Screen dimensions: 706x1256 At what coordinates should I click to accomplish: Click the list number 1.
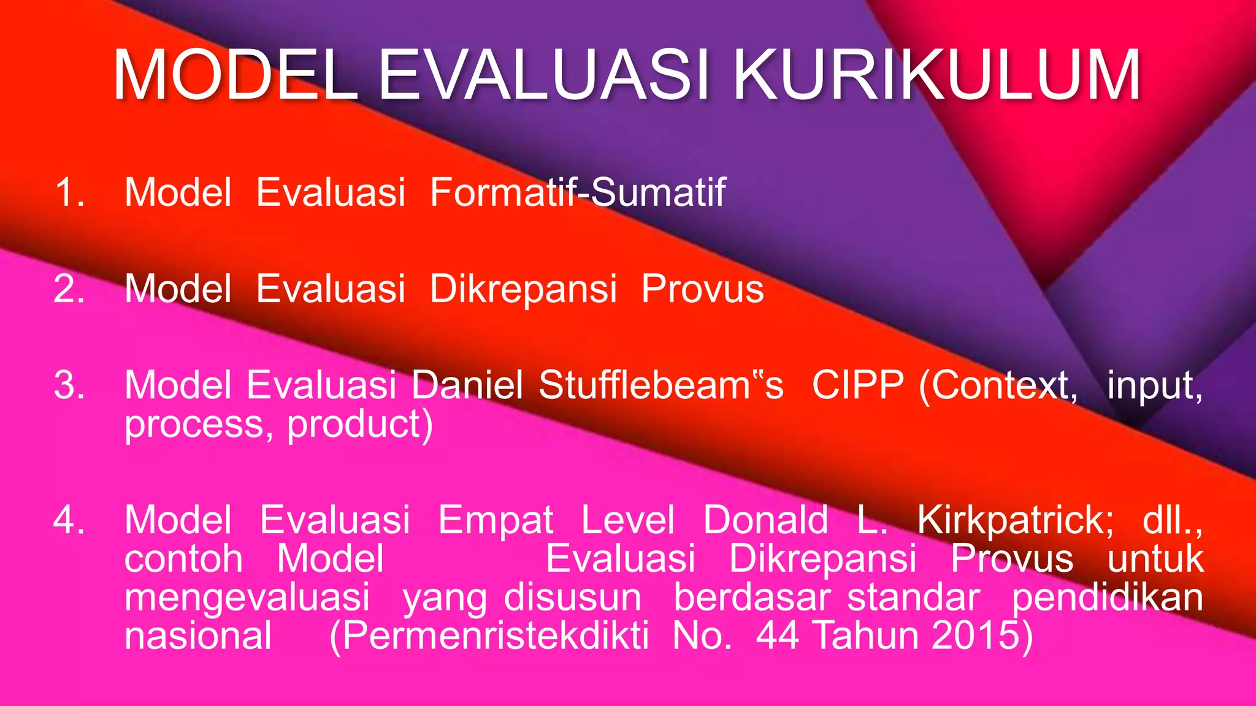point(69,192)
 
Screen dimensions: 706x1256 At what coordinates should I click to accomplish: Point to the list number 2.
point(69,289)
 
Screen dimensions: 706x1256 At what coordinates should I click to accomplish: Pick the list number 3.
point(69,385)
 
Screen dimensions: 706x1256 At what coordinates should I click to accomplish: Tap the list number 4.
point(69,520)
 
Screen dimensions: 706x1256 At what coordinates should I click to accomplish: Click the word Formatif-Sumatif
point(578,192)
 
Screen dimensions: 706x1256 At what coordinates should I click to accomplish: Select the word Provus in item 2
point(702,289)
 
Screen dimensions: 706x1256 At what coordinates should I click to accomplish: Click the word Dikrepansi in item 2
point(523,289)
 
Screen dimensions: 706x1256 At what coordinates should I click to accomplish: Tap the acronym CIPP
point(857,385)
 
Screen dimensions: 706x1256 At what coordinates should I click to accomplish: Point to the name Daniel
point(467,385)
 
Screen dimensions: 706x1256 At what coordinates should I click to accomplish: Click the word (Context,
point(998,385)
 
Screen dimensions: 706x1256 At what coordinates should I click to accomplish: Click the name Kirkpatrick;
point(1015,520)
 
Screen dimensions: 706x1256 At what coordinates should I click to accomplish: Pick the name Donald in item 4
point(765,520)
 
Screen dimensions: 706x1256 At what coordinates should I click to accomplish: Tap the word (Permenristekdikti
point(489,636)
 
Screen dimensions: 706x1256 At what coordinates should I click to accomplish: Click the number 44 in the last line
point(777,636)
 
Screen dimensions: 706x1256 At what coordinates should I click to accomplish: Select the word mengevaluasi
point(247,598)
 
